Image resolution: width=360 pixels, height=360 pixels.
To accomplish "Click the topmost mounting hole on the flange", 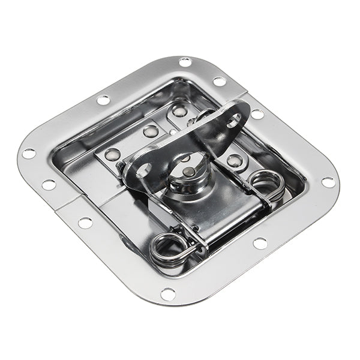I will [x=185, y=62].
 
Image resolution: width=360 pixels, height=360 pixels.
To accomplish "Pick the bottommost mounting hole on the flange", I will [x=169, y=293].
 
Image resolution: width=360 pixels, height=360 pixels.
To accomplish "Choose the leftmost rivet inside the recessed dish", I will [x=112, y=154].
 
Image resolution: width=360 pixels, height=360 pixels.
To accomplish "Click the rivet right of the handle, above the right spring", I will [x=235, y=160].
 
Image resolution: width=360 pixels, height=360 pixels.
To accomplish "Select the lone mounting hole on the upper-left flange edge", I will [x=103, y=100].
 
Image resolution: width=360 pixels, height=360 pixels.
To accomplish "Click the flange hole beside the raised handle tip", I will [x=257, y=113].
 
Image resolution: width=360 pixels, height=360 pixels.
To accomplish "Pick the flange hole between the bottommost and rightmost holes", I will [x=260, y=243].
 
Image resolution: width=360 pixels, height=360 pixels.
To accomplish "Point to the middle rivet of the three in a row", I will [x=151, y=131].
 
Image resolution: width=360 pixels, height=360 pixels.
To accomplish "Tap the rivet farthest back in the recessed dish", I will [x=179, y=110].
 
